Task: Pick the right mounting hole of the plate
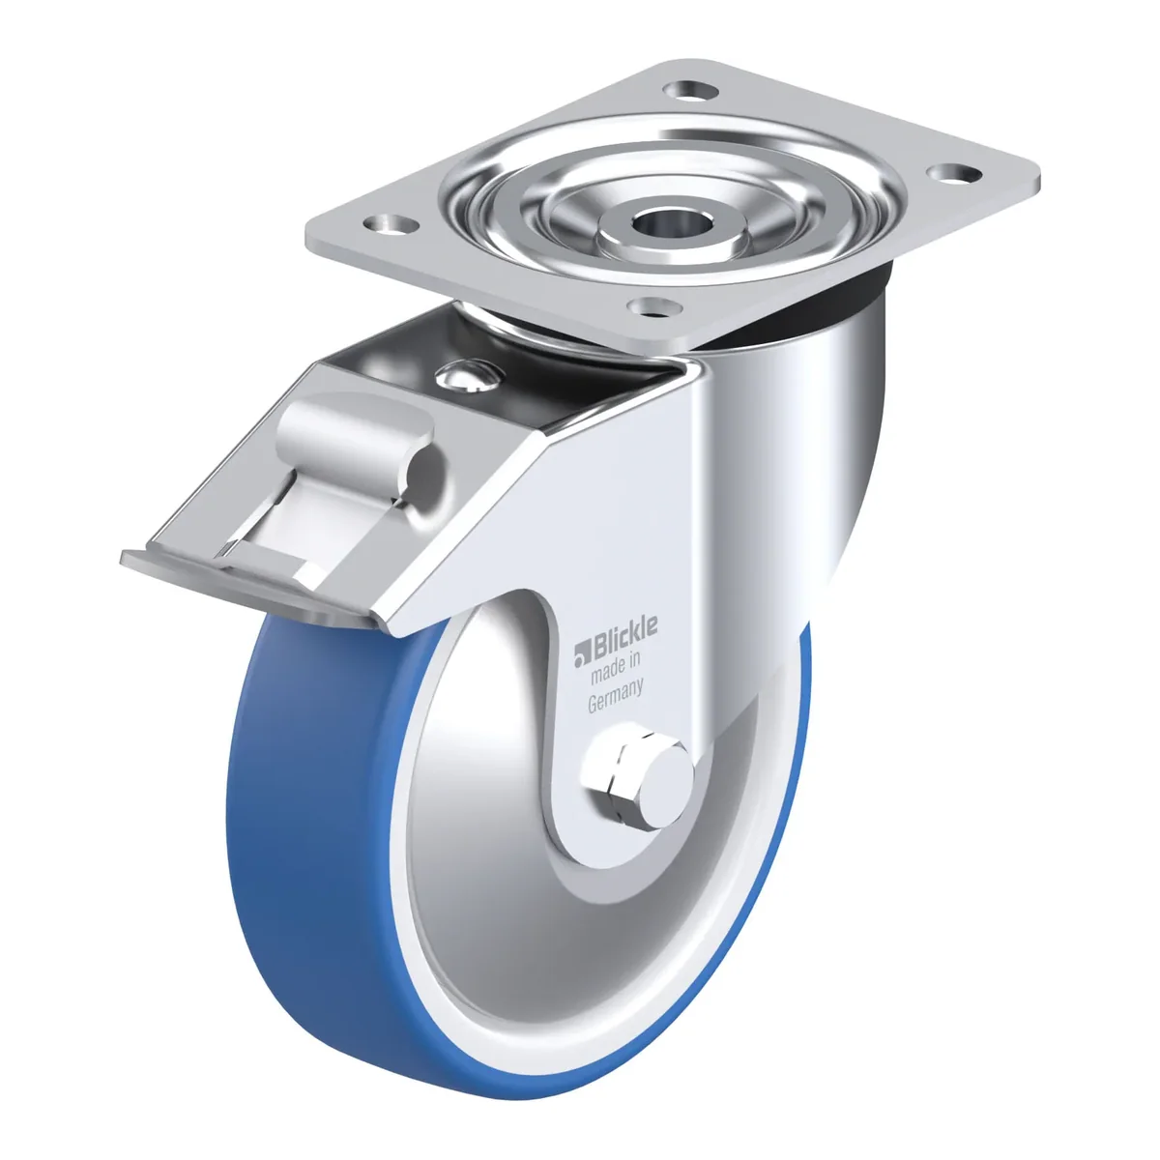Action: (953, 173)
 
